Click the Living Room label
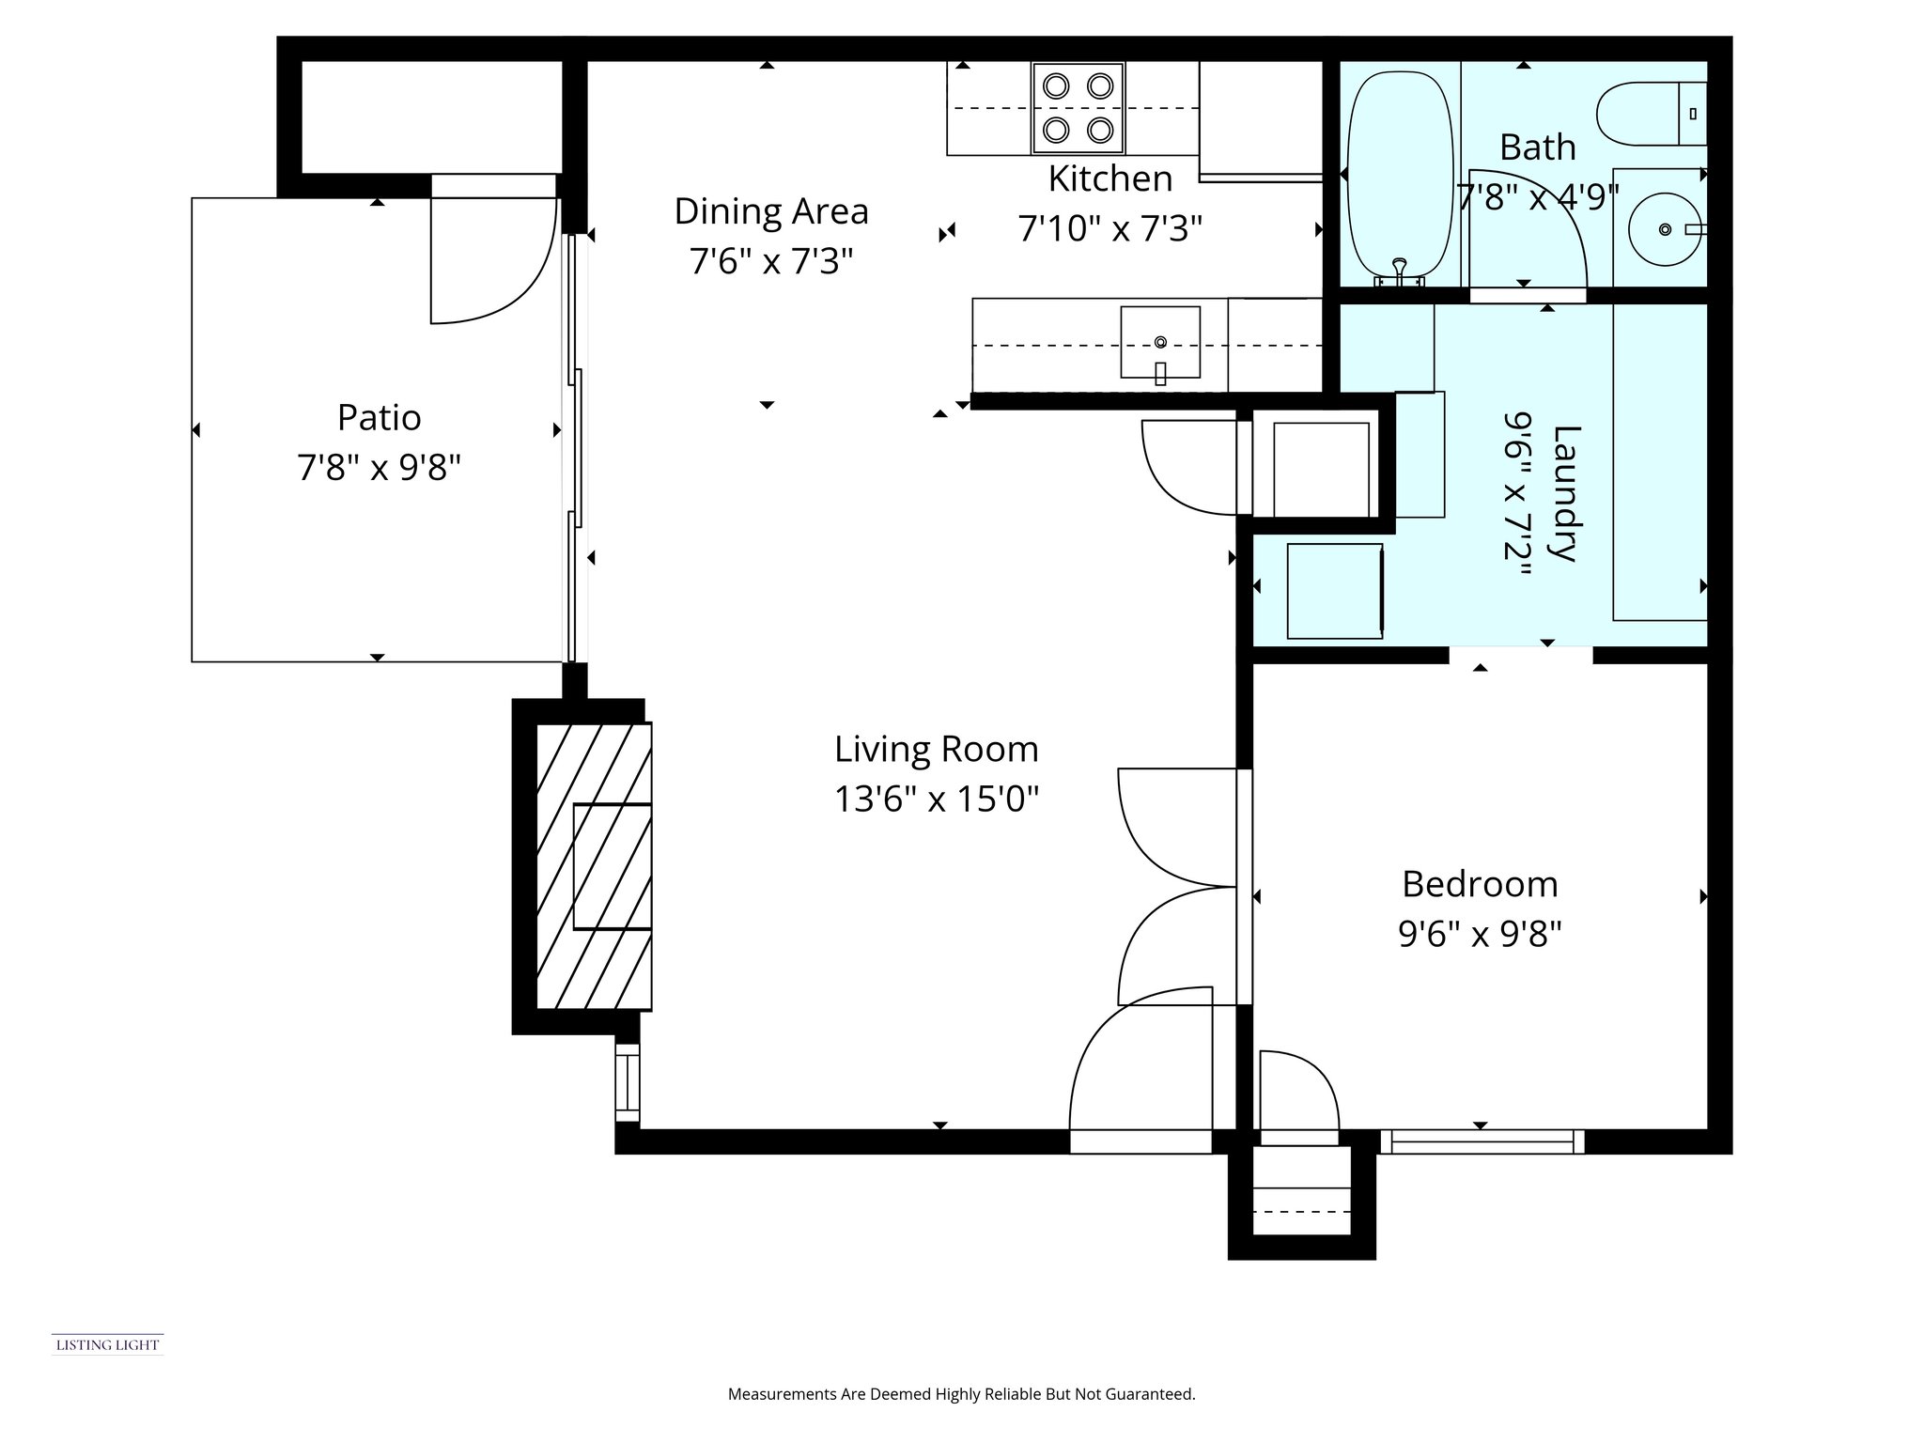click(x=936, y=749)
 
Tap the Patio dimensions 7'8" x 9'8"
click(x=379, y=467)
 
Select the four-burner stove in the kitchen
click(x=1078, y=107)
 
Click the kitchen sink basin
click(x=1159, y=342)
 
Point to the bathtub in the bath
click(x=1400, y=178)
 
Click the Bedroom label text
click(x=1480, y=884)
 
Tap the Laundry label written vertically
click(x=1566, y=493)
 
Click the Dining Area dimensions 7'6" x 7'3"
click(x=770, y=261)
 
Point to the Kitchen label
click(x=1109, y=178)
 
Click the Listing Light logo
click(x=107, y=1344)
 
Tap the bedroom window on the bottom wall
click(x=1482, y=1141)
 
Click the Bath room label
click(x=1537, y=147)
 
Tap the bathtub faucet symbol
click(x=1400, y=272)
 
